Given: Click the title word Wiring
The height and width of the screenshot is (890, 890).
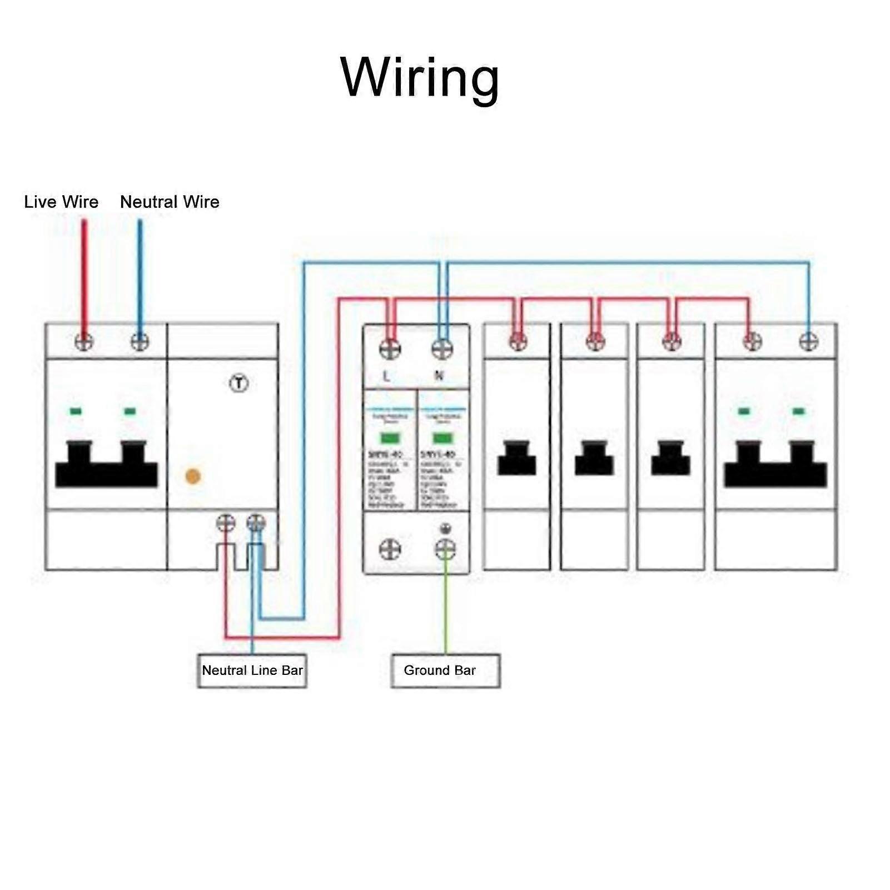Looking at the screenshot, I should click(x=420, y=78).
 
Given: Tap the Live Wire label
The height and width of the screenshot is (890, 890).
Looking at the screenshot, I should click(x=61, y=202).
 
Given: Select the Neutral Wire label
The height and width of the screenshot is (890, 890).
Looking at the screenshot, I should click(x=170, y=202).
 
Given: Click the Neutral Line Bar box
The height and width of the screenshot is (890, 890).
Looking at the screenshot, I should click(x=252, y=670).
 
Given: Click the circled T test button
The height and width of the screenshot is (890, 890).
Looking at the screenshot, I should click(x=239, y=383).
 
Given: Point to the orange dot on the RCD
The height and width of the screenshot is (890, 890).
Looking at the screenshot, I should click(x=193, y=476).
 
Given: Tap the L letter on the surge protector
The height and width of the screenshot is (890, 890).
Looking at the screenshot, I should click(x=386, y=376).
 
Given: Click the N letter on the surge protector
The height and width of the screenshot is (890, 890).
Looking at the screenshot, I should click(x=439, y=376).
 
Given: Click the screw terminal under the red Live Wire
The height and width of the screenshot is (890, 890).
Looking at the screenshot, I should click(x=84, y=341).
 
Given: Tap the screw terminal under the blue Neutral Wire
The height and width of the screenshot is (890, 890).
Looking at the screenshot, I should click(x=140, y=341).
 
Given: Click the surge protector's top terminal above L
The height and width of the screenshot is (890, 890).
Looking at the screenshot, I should click(x=390, y=349).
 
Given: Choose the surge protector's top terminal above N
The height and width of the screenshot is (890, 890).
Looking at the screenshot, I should click(x=442, y=349).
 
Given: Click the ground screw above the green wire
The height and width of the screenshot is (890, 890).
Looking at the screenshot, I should click(x=445, y=549).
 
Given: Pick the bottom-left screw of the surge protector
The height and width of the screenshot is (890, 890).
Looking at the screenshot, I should click(x=390, y=549).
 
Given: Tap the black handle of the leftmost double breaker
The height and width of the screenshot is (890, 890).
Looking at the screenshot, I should click(x=106, y=467).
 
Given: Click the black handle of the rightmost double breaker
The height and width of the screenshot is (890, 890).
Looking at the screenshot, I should click(x=775, y=467).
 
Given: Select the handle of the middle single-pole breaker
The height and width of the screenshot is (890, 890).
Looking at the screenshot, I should click(x=594, y=459).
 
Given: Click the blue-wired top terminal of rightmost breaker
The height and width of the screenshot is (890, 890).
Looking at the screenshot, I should click(x=808, y=341).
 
